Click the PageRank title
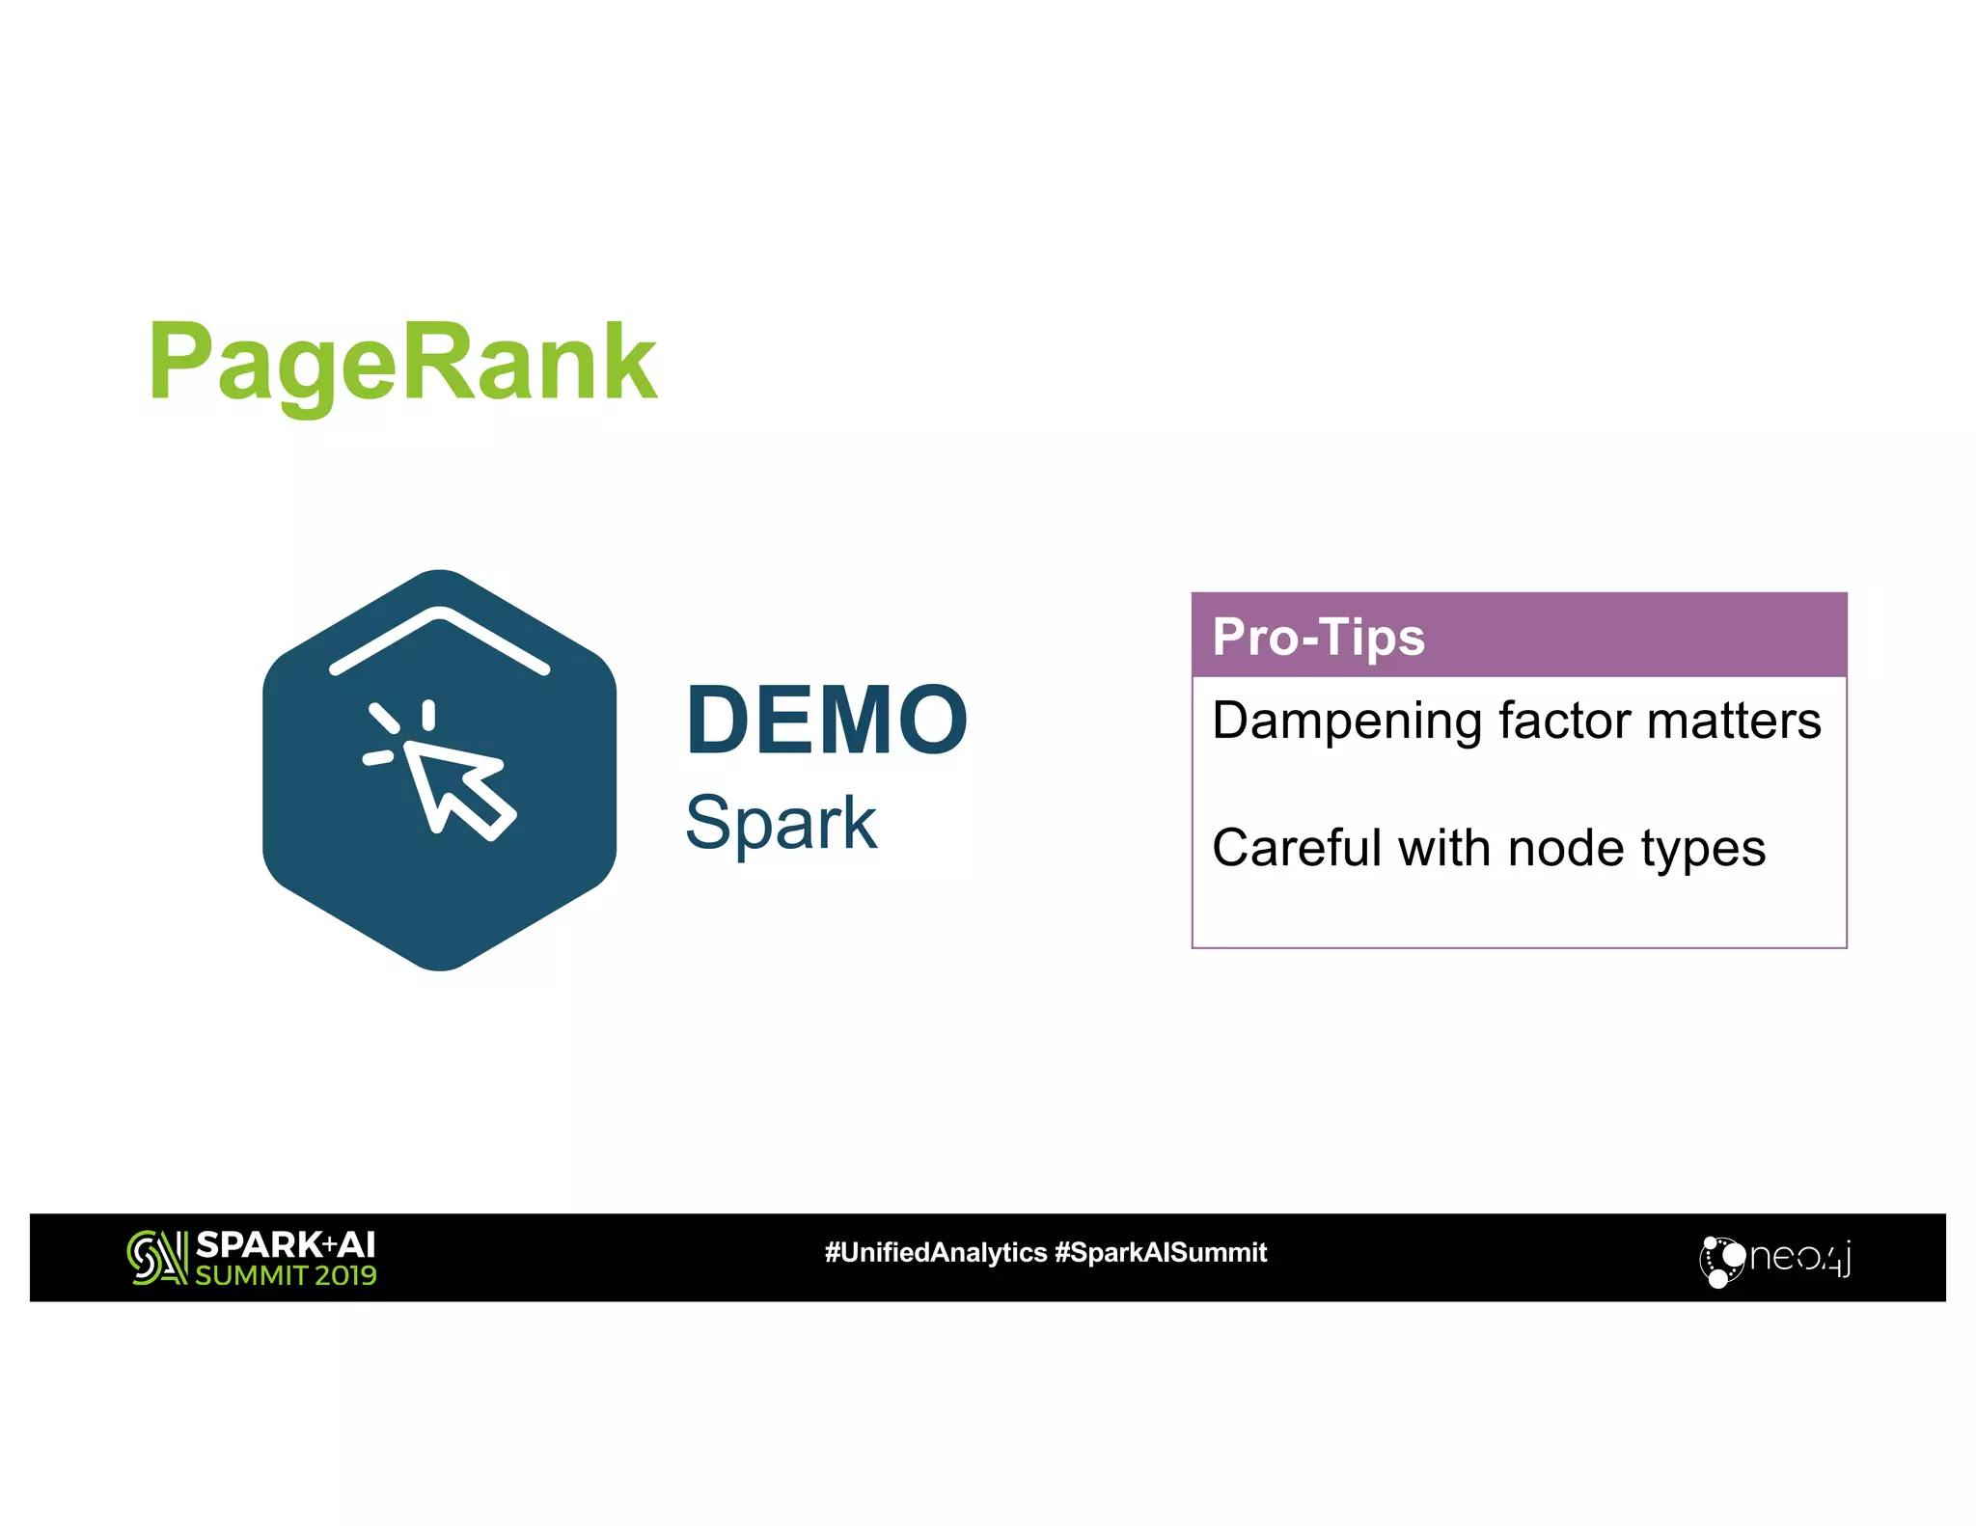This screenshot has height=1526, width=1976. [402, 364]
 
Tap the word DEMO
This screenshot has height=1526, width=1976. [826, 720]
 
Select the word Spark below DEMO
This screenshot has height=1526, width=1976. [781, 823]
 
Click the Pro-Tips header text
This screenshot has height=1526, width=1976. [1318, 637]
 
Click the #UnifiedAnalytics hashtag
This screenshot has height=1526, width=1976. [935, 1253]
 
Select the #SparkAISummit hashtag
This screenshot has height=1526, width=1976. [1161, 1253]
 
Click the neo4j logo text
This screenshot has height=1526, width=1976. [1799, 1258]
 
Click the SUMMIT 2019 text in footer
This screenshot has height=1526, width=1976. [286, 1275]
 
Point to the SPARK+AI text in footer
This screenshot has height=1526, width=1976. [286, 1244]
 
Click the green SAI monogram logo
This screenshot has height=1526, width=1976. [156, 1258]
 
